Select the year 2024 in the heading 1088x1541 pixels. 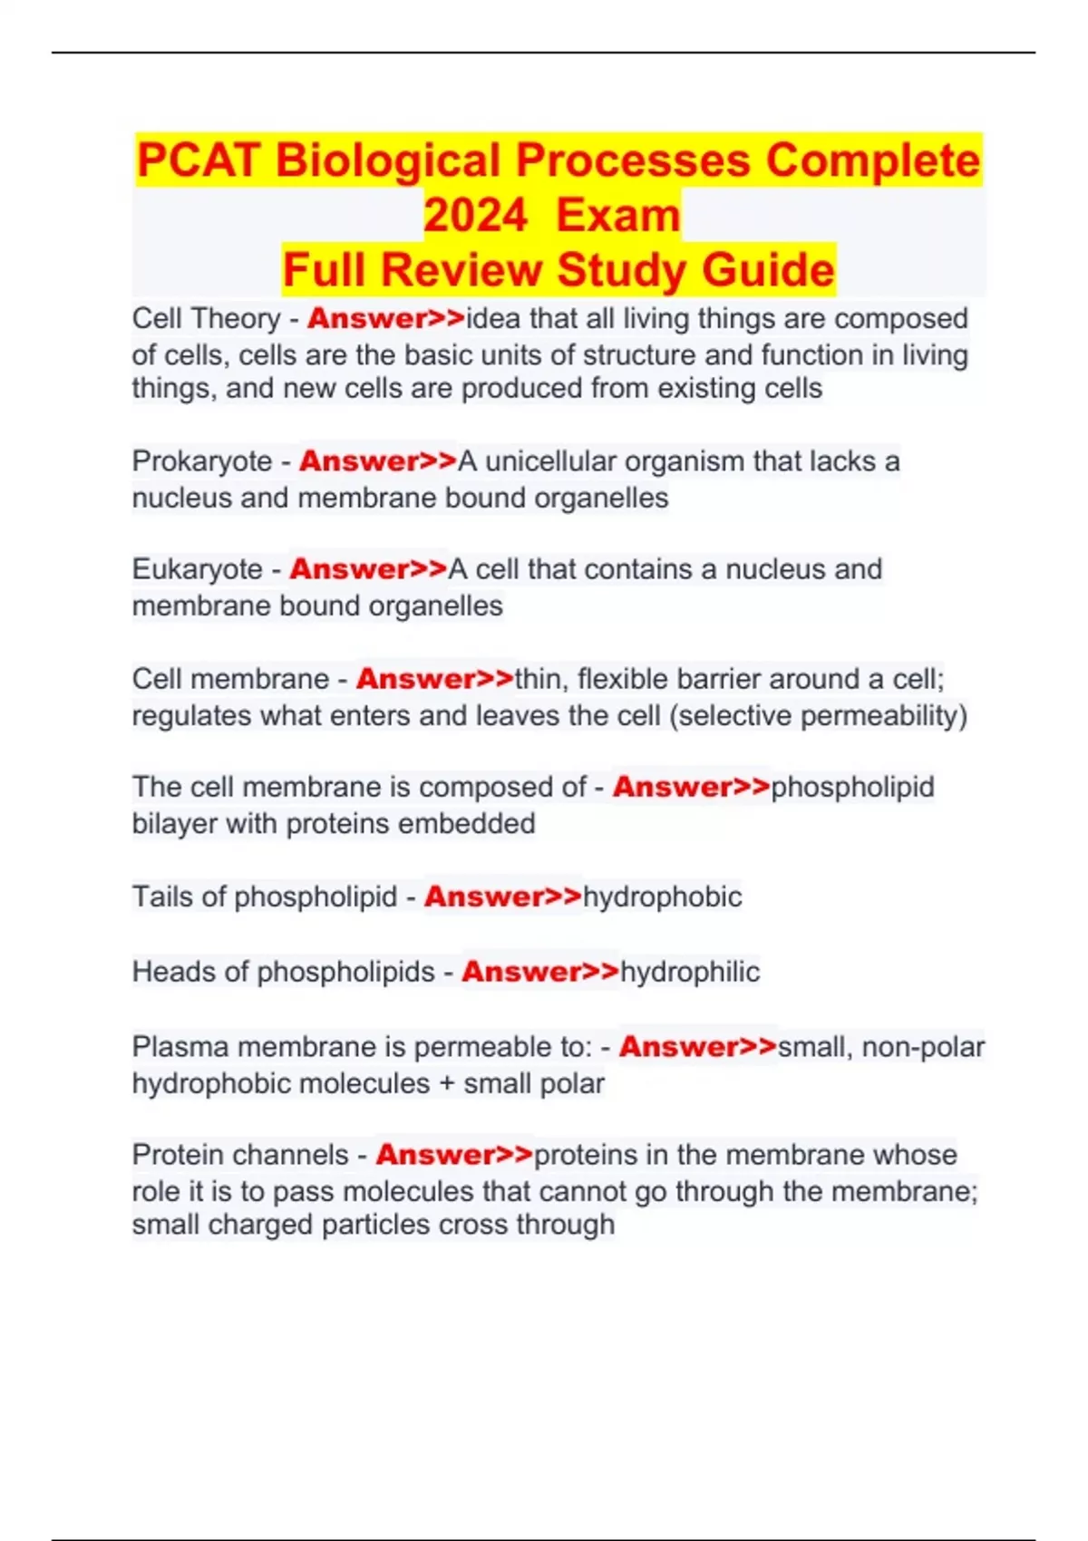coord(475,216)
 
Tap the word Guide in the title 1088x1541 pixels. coord(768,270)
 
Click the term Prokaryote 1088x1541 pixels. coord(201,461)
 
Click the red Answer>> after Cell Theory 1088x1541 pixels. coord(385,318)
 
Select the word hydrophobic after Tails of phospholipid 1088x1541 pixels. coord(662,896)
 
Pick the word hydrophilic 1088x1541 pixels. coord(689,972)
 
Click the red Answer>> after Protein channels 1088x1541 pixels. coord(454,1155)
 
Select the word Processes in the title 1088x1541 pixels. coord(634,161)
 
